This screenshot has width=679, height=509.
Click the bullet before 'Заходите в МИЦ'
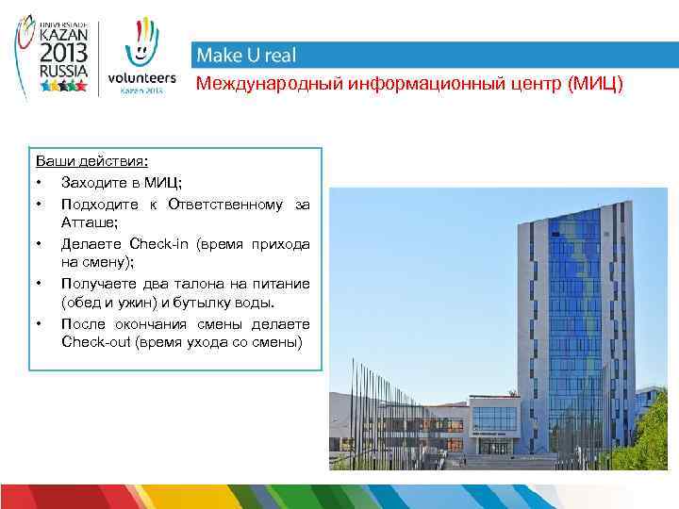(x=40, y=182)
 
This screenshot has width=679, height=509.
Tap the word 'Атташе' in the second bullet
(x=87, y=222)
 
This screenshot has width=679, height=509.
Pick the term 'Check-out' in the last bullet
(x=95, y=341)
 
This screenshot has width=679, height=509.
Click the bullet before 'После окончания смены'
(x=40, y=323)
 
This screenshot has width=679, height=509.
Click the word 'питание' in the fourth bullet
(x=283, y=283)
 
